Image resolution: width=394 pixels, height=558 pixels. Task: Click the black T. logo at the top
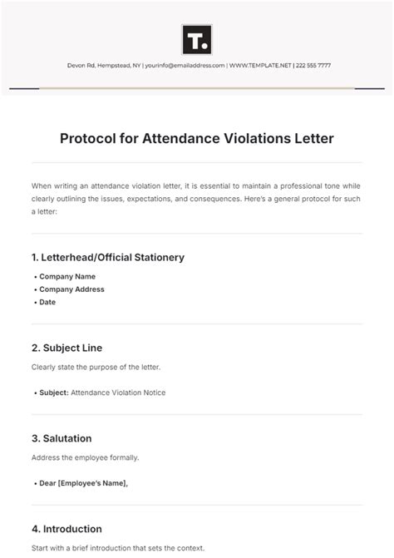coord(197,39)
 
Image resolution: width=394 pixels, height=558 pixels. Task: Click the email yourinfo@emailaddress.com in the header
coord(185,65)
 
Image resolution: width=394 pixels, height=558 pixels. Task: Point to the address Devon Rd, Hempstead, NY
coord(103,65)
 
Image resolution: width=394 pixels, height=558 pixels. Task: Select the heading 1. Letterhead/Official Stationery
coord(108,258)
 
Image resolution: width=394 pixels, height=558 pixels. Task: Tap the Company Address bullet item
coord(71,289)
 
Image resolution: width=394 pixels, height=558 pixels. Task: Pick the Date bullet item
coord(47,302)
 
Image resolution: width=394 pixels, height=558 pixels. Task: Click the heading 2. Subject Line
coord(67,348)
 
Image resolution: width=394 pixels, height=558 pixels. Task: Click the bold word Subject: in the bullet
coord(54,393)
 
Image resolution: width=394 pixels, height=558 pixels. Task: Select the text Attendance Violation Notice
coord(118,393)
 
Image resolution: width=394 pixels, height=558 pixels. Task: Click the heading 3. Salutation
coord(62,438)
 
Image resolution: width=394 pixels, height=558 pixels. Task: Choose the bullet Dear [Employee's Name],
coord(84,483)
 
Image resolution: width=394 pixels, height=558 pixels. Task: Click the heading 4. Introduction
coord(67,529)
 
